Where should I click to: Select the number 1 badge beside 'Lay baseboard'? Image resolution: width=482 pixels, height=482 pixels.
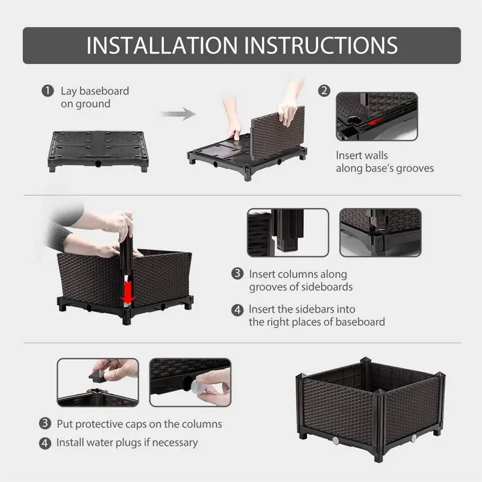47,91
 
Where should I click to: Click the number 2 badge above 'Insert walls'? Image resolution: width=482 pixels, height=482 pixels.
325,91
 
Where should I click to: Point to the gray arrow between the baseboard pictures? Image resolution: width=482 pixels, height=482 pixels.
179,113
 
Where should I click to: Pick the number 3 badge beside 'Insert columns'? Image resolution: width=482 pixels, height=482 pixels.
239,274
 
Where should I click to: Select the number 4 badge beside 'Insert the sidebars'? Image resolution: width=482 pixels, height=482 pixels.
239,310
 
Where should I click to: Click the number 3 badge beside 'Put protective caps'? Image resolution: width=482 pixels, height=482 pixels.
46,424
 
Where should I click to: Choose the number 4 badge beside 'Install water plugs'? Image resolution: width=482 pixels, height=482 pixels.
46,442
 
